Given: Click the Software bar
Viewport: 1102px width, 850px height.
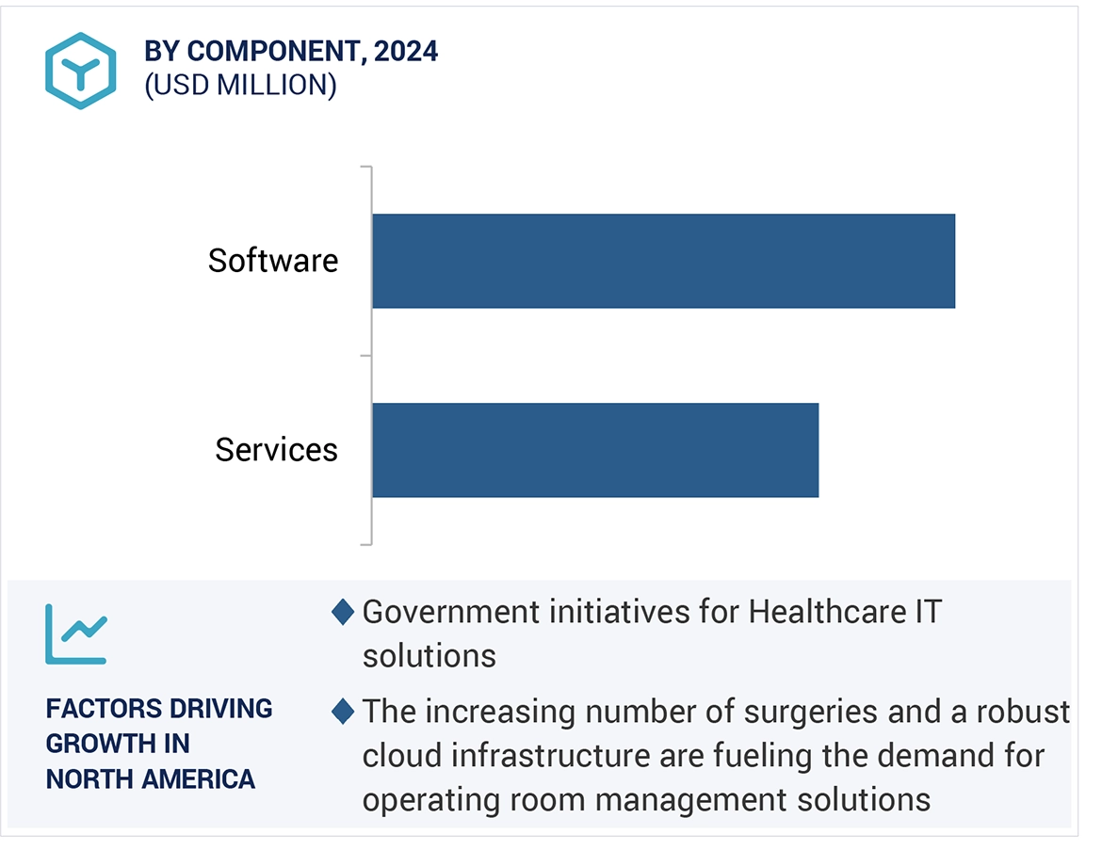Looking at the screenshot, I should tap(663, 261).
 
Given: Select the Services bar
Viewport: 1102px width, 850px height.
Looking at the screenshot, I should tap(595, 450).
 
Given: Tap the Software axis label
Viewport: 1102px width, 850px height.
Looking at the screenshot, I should tap(273, 261).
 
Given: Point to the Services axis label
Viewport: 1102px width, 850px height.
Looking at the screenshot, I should tap(276, 450).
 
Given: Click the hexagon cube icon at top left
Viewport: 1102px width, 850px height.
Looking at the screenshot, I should tap(80, 71).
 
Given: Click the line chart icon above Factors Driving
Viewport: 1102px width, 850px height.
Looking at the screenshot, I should tap(76, 633).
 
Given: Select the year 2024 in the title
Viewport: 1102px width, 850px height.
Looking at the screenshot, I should tap(405, 52).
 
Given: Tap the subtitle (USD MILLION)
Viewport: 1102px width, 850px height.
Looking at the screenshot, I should tap(240, 86).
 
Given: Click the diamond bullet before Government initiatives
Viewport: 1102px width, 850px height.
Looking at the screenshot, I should tap(343, 613).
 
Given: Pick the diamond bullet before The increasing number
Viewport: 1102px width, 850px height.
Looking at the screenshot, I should tap(343, 712).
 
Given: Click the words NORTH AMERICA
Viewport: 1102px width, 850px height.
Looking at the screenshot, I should tap(151, 779).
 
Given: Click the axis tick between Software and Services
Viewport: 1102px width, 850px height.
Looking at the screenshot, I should tap(365, 356).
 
